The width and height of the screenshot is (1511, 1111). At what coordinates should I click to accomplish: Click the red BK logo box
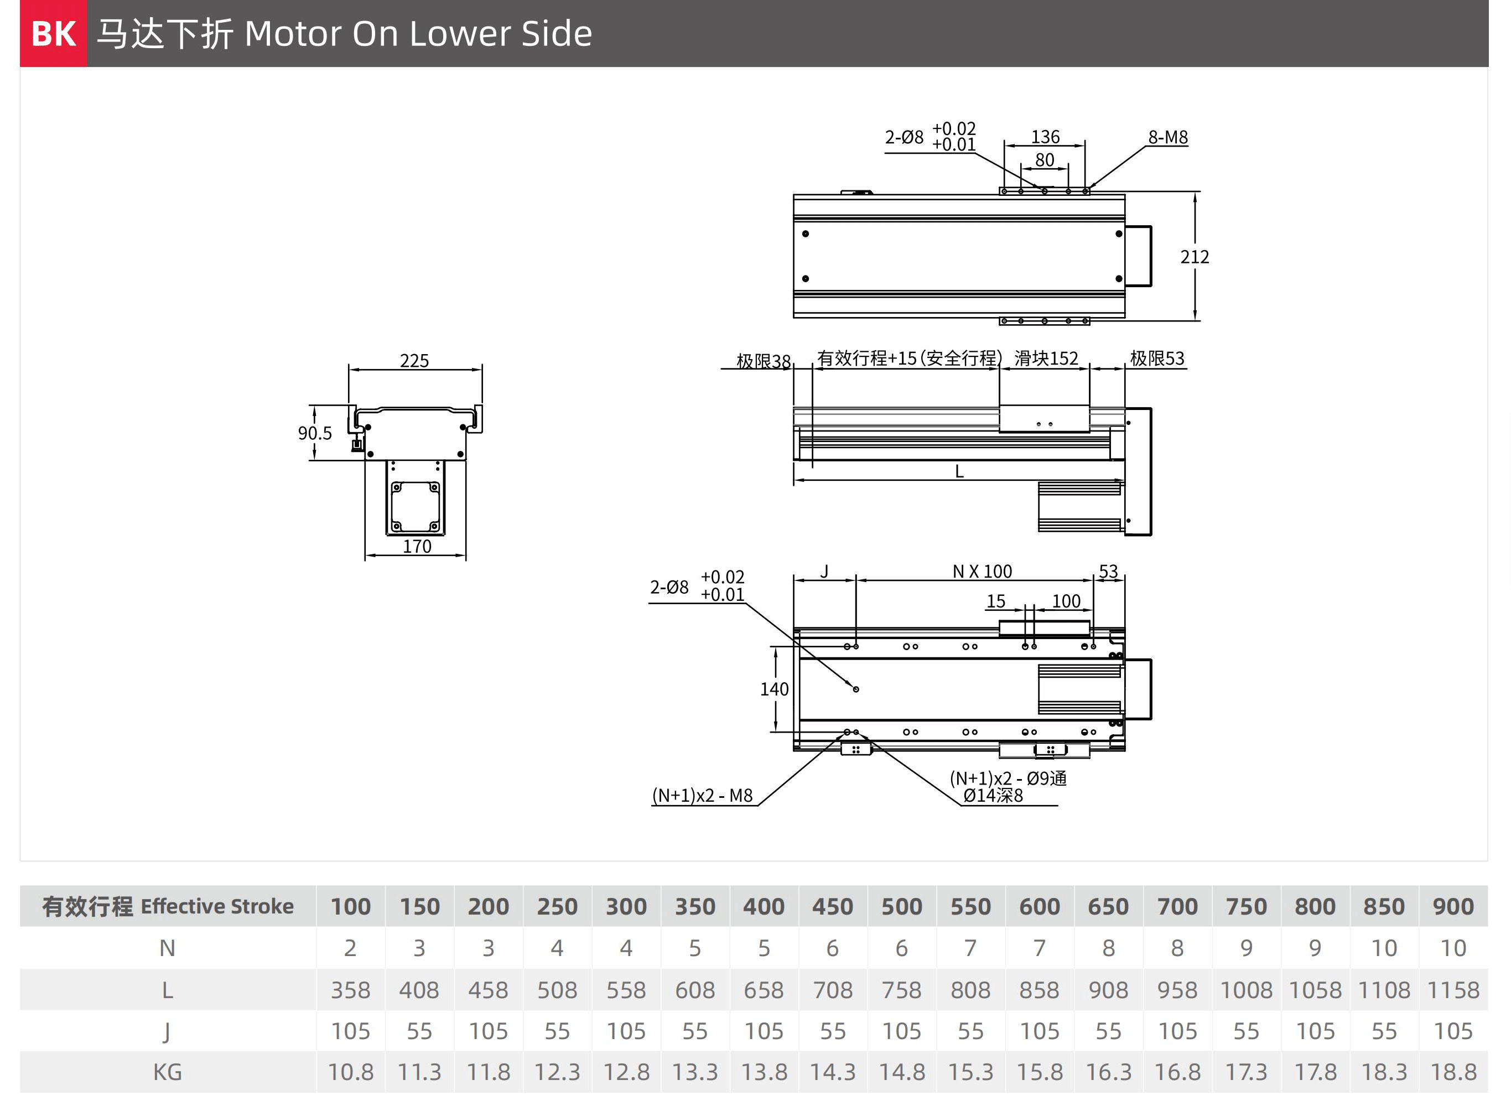click(x=53, y=33)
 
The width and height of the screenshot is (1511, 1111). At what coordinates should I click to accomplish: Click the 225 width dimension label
click(x=414, y=361)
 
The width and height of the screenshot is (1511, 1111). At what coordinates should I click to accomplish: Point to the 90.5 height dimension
click(x=315, y=433)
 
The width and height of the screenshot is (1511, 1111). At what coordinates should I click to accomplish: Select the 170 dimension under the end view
click(x=417, y=546)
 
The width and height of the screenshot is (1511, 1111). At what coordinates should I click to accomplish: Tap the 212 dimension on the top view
click(x=1195, y=257)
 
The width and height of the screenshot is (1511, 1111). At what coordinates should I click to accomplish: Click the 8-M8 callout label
click(x=1168, y=137)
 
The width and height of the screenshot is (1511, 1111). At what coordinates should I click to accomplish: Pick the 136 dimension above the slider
click(x=1045, y=137)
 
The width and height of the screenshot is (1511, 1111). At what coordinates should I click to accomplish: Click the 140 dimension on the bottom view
click(x=774, y=689)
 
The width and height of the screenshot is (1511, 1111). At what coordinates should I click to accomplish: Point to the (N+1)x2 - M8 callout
click(x=702, y=796)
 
